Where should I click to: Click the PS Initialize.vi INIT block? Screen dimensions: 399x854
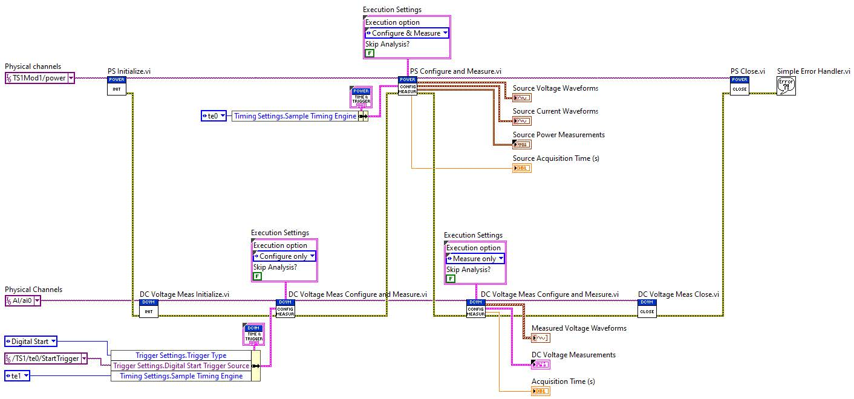(x=116, y=86)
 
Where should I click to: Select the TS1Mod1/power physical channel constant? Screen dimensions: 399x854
(x=40, y=78)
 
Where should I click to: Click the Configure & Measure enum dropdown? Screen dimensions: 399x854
(x=406, y=33)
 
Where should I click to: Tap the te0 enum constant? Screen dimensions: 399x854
(x=213, y=116)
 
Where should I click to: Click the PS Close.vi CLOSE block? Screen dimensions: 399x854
(x=739, y=86)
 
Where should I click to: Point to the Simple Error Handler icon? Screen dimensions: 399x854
(x=786, y=85)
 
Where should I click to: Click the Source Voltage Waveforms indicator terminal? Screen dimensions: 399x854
(x=522, y=98)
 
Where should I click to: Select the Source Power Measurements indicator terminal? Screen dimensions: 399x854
(x=521, y=144)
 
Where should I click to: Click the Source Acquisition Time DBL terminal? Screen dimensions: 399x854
(x=522, y=168)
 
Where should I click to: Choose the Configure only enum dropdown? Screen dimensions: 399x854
(x=284, y=256)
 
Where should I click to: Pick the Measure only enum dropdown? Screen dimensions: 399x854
(x=475, y=259)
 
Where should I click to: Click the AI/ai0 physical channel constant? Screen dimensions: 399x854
(x=23, y=301)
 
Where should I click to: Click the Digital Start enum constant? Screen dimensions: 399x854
(x=31, y=342)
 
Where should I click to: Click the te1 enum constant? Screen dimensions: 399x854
(x=18, y=376)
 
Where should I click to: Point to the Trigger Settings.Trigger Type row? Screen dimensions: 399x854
(x=180, y=355)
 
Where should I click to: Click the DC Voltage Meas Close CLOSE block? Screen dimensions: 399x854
(x=647, y=308)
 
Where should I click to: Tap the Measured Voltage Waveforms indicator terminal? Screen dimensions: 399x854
(x=540, y=338)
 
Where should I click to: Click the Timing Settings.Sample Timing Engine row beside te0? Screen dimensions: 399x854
(x=295, y=116)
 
